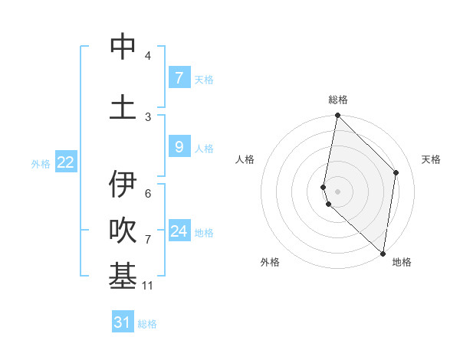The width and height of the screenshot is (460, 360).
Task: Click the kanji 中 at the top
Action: pyautogui.click(x=123, y=47)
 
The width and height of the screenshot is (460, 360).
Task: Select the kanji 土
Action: pyautogui.click(x=123, y=106)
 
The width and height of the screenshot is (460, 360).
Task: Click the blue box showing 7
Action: pyautogui.click(x=179, y=77)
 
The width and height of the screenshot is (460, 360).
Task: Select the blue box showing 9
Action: pyautogui.click(x=179, y=147)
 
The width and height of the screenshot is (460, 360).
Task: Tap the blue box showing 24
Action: pyautogui.click(x=179, y=231)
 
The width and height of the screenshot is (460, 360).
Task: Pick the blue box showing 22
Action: pyautogui.click(x=66, y=162)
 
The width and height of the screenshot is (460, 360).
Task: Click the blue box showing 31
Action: pyautogui.click(x=123, y=322)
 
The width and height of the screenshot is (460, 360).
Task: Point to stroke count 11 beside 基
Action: pyautogui.click(x=148, y=286)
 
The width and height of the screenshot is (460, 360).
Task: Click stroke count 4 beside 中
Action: pyautogui.click(x=148, y=56)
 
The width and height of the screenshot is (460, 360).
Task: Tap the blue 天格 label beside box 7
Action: pyautogui.click(x=204, y=79)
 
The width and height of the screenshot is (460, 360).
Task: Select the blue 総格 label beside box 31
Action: pyautogui.click(x=147, y=324)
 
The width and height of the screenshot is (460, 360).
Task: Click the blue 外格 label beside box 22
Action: pyautogui.click(x=41, y=163)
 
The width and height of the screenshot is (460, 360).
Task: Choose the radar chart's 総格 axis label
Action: pyautogui.click(x=338, y=100)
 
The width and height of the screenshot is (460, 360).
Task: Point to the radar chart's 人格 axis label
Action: pyautogui.click(x=245, y=159)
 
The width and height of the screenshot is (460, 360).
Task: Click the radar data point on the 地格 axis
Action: pyautogui.click(x=383, y=253)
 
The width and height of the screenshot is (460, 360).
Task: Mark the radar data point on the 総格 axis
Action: pyautogui.click(x=337, y=116)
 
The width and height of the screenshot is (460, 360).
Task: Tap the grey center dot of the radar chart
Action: pyautogui.click(x=337, y=191)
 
